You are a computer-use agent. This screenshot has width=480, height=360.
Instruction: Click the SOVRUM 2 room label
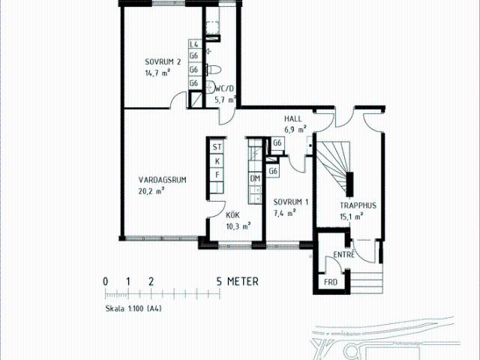point(163,61)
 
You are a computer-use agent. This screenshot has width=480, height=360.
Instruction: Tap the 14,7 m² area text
point(157,73)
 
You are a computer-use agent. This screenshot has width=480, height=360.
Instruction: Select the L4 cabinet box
point(193,44)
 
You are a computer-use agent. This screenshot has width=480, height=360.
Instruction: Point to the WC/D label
point(225,88)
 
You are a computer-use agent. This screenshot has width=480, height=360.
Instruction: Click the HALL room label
point(292,119)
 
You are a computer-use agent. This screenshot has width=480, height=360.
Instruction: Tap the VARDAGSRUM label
point(162,179)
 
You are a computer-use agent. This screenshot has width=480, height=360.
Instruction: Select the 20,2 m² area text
point(151,190)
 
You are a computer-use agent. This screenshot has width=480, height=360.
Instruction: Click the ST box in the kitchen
point(217,147)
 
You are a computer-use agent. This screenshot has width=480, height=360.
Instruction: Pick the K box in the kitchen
point(217,160)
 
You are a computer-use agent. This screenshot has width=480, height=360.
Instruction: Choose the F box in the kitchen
point(217,174)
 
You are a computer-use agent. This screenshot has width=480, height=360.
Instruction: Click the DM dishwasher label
point(255,178)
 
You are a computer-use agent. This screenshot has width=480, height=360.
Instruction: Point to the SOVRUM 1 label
point(291,202)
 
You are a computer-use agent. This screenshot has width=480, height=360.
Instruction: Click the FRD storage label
point(330,282)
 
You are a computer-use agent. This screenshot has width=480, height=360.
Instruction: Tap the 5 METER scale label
point(237,282)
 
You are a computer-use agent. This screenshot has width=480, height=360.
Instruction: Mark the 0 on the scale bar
point(105,282)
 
